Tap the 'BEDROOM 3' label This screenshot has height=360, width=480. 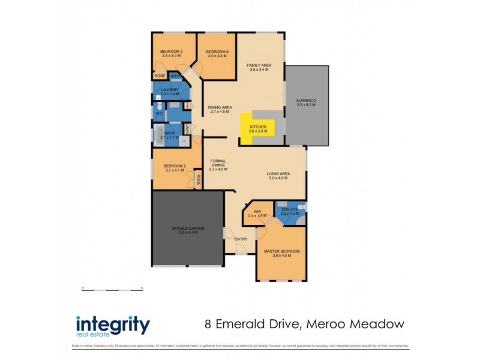pyautogui.click(x=171, y=52)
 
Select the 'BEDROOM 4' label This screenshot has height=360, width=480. pyautogui.click(x=217, y=52)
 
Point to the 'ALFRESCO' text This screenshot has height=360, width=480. pyautogui.click(x=305, y=100)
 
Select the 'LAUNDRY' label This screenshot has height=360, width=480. pyautogui.click(x=170, y=90)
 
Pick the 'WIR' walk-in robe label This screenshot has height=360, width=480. pyautogui.click(x=257, y=212)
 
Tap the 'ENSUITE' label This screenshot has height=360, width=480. pyautogui.click(x=290, y=209)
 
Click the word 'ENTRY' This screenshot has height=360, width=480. pyautogui.click(x=241, y=239)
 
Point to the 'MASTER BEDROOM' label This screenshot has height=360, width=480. pyautogui.click(x=281, y=251)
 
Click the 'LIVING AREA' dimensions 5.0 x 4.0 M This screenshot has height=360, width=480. pyautogui.click(x=278, y=179)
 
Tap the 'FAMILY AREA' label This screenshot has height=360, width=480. pyautogui.click(x=260, y=64)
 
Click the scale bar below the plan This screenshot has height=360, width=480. pyautogui.click(x=112, y=289)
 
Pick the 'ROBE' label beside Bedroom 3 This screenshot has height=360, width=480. pyautogui.click(x=160, y=76)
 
